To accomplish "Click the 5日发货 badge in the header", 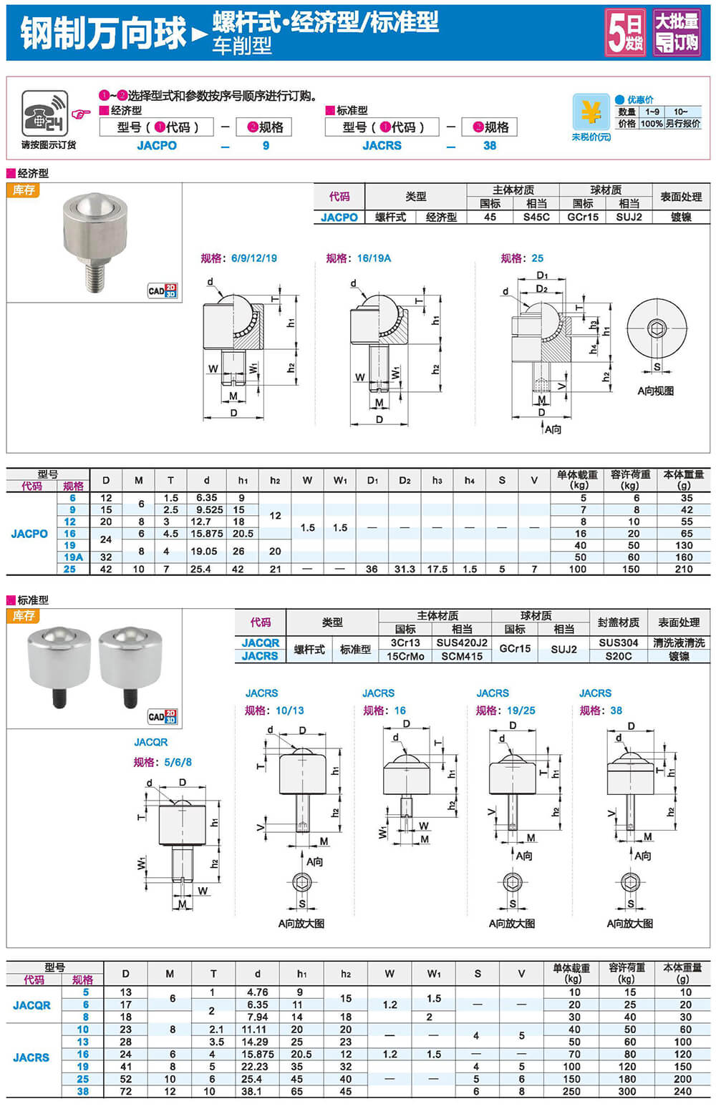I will click(x=625, y=32).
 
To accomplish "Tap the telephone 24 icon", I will click(x=44, y=114).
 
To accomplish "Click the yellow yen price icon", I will click(x=591, y=112).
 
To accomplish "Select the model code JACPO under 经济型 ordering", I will click(x=156, y=145).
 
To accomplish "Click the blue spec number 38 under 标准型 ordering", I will click(x=490, y=145).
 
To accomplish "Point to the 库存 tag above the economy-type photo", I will click(x=24, y=190).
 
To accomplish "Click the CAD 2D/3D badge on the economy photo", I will click(x=162, y=290).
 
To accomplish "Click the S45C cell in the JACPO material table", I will click(x=536, y=217).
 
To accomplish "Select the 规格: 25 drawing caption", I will click(x=522, y=258).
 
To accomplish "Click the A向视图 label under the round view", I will click(x=655, y=391).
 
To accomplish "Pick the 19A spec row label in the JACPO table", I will click(x=73, y=557).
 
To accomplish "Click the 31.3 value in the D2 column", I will click(x=405, y=569).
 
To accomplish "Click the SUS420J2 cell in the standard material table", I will click(x=462, y=643).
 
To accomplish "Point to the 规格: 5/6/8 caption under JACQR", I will click(x=163, y=762).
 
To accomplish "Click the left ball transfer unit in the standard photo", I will click(x=59, y=658).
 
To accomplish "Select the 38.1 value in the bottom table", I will click(x=252, y=1092).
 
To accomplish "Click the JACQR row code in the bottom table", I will click(x=32, y=1005).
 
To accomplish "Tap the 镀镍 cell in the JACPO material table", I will click(x=681, y=217).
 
